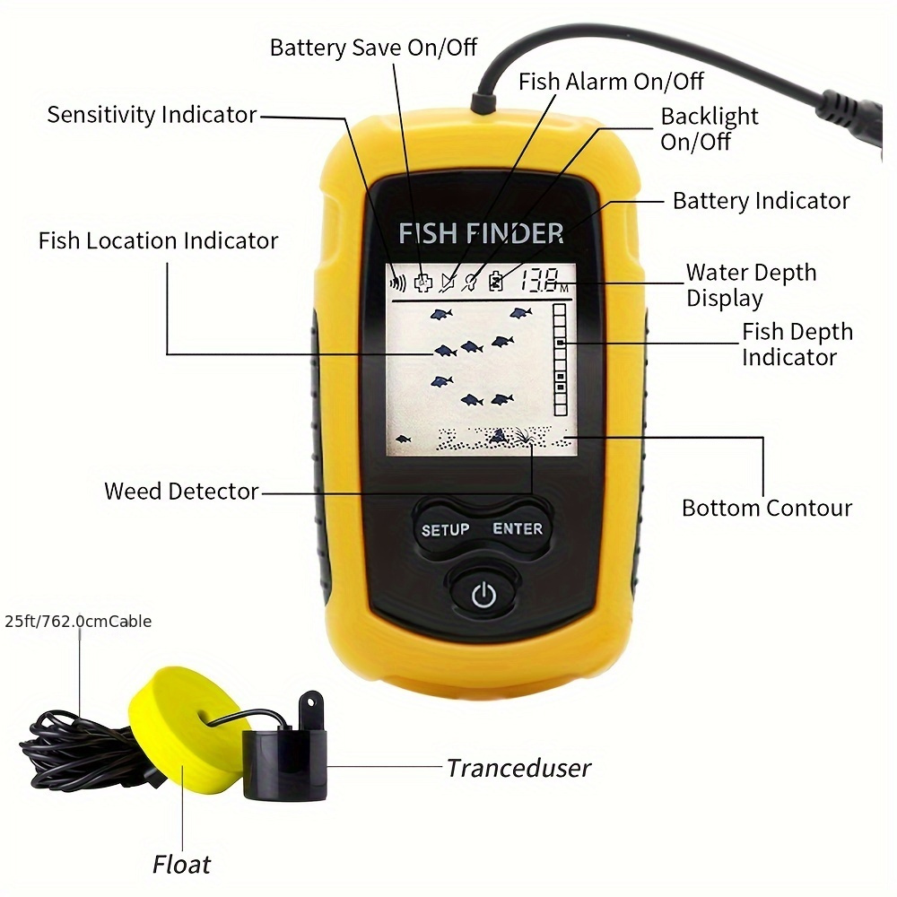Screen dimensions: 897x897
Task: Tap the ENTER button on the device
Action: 518,528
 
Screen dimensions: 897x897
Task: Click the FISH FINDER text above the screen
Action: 481,234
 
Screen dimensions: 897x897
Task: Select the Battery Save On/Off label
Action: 373,47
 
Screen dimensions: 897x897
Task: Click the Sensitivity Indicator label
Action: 152,115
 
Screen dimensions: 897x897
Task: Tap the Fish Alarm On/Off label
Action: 611,82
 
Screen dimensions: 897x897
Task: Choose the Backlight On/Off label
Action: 709,129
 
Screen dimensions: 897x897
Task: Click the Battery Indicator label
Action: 761,201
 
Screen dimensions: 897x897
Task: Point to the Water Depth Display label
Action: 751,285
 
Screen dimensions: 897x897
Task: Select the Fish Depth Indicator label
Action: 797,344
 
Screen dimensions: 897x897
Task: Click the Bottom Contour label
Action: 766,508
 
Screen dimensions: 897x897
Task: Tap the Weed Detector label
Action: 181,492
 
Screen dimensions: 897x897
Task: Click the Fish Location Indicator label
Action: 158,241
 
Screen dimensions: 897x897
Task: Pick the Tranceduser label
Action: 518,768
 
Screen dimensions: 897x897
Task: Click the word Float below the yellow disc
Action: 181,865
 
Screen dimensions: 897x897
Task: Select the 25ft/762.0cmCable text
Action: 78,621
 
